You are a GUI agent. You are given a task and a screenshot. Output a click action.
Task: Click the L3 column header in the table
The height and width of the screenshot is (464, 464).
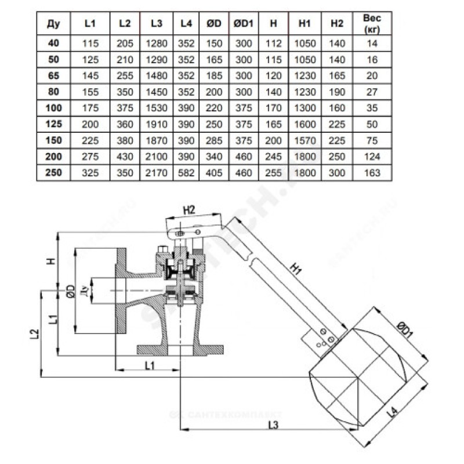tap(155, 24)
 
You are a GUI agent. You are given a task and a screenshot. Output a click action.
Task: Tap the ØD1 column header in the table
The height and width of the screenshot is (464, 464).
tap(242, 24)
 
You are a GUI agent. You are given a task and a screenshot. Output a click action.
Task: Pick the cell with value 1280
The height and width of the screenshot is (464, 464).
tap(155, 43)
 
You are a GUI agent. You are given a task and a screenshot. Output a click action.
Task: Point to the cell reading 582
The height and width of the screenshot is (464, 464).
tap(186, 172)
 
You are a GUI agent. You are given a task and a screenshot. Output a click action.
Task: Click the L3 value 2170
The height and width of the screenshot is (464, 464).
tap(155, 172)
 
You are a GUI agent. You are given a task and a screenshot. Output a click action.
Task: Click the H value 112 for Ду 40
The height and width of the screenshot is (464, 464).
tap(273, 43)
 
